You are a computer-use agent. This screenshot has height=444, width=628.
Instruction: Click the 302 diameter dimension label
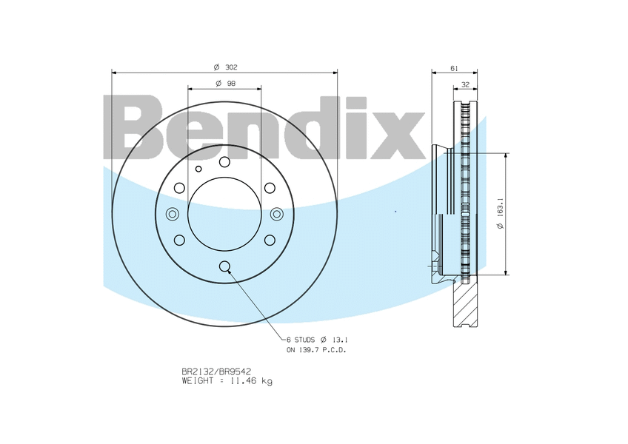point(225,67)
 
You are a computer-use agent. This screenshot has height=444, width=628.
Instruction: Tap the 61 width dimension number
point(454,69)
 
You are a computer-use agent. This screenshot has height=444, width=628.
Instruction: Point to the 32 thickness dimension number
point(465,85)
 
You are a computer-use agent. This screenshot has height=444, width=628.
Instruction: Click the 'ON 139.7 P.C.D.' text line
point(316,350)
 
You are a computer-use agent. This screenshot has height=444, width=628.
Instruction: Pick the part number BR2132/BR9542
point(216,372)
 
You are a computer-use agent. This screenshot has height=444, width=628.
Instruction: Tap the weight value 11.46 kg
point(250,381)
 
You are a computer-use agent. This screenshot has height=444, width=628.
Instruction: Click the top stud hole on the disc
point(224,162)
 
